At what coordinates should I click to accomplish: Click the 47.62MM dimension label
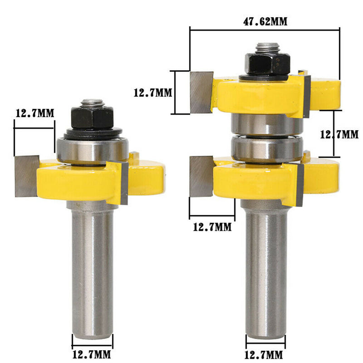[x=265, y=21]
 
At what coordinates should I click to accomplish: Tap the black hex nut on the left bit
[x=92, y=118]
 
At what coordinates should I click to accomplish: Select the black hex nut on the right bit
[x=267, y=63]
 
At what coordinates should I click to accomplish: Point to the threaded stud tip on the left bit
[x=92, y=103]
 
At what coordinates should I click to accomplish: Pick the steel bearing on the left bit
[x=93, y=151]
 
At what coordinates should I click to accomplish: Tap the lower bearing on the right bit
[x=267, y=149]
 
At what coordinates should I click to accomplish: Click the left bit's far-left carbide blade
[x=27, y=176]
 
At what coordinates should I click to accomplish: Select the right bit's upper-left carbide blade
[x=201, y=93]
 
